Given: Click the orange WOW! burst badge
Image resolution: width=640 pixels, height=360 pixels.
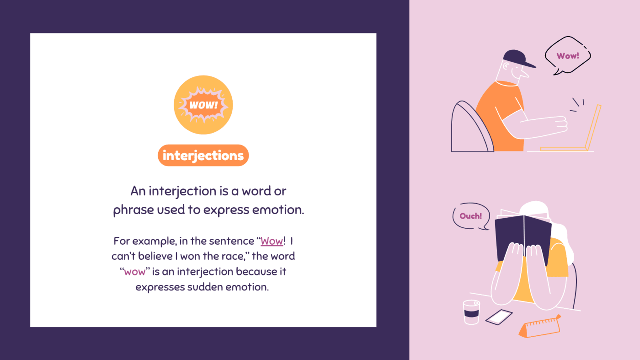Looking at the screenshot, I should click(203, 105).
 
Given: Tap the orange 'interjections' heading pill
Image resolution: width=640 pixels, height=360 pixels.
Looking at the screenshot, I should click(203, 156).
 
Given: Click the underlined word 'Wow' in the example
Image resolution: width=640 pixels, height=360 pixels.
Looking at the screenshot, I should click(272, 241).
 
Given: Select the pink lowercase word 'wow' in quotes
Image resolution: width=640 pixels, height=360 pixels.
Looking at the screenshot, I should click(135, 271).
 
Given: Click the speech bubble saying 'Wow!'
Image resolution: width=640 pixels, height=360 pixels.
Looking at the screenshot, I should click(567, 56).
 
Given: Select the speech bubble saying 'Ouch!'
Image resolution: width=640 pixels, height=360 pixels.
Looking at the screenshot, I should click(471, 216).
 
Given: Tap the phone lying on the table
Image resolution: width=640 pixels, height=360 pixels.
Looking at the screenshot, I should click(499, 317).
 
